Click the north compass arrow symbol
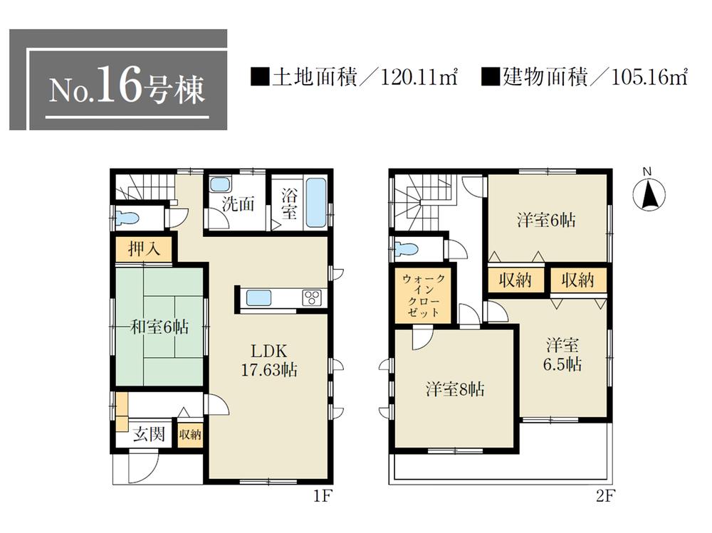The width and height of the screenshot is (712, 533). pos(648,194)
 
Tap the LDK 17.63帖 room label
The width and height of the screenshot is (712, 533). pos(268,360)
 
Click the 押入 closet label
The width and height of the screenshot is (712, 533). pos(142,250)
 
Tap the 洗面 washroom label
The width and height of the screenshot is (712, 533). pos(238,204)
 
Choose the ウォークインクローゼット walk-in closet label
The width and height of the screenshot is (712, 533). pos(424,295)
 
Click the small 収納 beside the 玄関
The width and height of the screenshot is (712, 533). pos(190,434)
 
